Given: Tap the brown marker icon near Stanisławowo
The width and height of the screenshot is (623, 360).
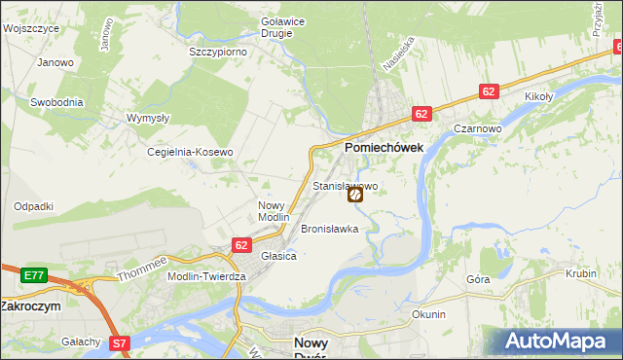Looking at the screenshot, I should [355, 195].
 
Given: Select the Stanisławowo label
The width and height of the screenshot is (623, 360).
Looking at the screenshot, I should [345, 185].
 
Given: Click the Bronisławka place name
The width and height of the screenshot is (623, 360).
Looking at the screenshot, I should [330, 230].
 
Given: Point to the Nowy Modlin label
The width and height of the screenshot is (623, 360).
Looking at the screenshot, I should [274, 211].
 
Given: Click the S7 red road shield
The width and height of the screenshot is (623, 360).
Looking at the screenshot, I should [119, 342].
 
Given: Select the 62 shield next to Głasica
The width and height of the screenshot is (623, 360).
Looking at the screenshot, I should [241, 245].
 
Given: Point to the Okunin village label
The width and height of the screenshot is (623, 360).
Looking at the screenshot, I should [428, 314].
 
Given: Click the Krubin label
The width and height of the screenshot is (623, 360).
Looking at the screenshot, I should [580, 274].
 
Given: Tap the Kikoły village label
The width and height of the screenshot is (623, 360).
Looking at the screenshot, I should [539, 97].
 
